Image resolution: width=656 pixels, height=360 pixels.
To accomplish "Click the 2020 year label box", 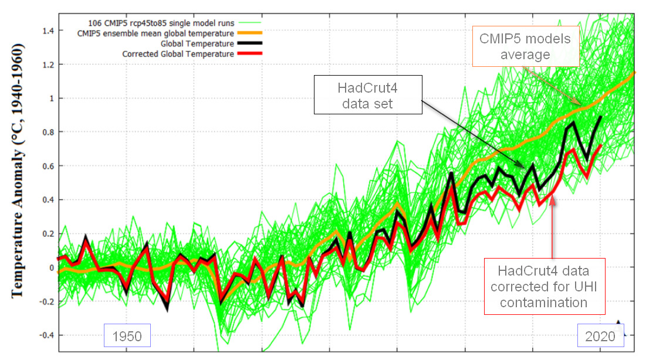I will [600, 335].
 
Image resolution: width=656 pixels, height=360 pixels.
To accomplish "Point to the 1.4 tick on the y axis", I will [48, 30].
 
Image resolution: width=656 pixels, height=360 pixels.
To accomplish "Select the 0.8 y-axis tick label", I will [48, 132].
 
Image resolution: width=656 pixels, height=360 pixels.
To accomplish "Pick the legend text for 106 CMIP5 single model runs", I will [155, 23].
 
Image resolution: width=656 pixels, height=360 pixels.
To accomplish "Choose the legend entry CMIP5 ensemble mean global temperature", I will [155, 33].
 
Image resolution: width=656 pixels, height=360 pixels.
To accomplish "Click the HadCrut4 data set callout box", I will [367, 94].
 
